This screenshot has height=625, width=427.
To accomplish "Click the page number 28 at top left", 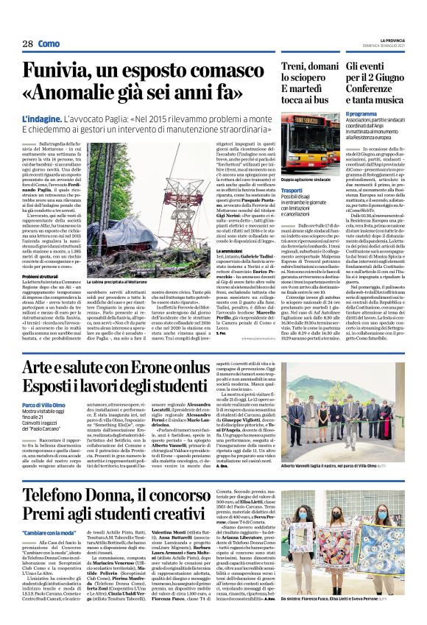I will coord(27,45).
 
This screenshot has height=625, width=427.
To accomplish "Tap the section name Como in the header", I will coord(49,45).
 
